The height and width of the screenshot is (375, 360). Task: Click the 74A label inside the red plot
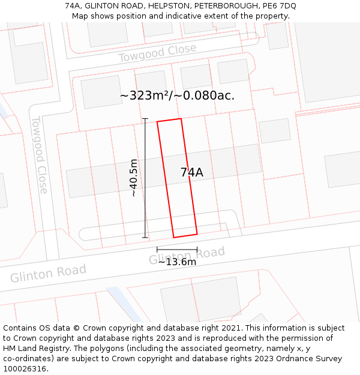coord(192,173)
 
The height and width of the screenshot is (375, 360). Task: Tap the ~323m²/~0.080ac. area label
coord(177,95)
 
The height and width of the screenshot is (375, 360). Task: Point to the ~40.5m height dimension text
coord(134,178)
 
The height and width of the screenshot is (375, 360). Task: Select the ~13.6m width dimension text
coord(177,262)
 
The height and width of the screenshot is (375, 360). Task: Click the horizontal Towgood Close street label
coord(157,53)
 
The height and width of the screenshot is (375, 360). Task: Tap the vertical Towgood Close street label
coord(40,155)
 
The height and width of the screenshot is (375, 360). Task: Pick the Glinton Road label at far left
coord(48,274)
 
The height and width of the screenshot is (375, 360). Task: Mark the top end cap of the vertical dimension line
coord(145,119)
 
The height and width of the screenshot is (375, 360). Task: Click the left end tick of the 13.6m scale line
coord(157,249)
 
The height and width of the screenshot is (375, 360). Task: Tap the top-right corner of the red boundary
coord(181,119)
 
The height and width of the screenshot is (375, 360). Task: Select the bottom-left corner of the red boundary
coord(174,238)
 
